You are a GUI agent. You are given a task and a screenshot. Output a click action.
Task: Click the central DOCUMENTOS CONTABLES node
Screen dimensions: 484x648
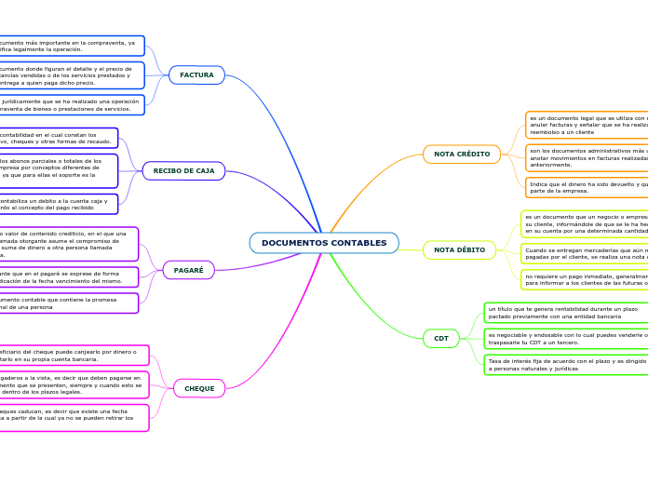[x=324, y=243]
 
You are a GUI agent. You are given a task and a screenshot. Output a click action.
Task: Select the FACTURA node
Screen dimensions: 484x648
[x=196, y=74]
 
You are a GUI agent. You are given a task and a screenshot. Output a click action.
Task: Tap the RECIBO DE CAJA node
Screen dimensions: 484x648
[x=183, y=170]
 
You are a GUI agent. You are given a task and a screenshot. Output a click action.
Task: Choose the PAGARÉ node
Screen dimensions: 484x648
[x=189, y=270]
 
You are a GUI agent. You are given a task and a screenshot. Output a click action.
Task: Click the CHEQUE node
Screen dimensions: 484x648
[x=199, y=388]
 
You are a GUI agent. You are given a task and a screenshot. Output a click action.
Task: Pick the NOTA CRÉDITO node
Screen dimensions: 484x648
[x=462, y=154]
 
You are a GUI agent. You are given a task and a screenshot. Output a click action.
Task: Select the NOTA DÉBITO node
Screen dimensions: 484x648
[x=459, y=249]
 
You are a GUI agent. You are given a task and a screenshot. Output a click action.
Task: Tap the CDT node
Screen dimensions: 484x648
[x=441, y=338]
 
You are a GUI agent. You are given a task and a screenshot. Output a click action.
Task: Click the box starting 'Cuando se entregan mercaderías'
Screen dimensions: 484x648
[x=585, y=253]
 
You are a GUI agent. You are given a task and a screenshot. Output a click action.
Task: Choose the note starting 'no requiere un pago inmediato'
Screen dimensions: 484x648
[x=585, y=279]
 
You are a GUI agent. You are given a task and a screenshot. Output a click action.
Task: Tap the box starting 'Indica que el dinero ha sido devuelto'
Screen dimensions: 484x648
[x=587, y=188]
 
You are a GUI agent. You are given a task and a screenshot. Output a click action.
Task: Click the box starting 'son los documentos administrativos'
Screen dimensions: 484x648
[x=587, y=155]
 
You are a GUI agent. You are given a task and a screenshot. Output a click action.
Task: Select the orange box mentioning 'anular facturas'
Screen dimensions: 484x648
[x=587, y=124]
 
